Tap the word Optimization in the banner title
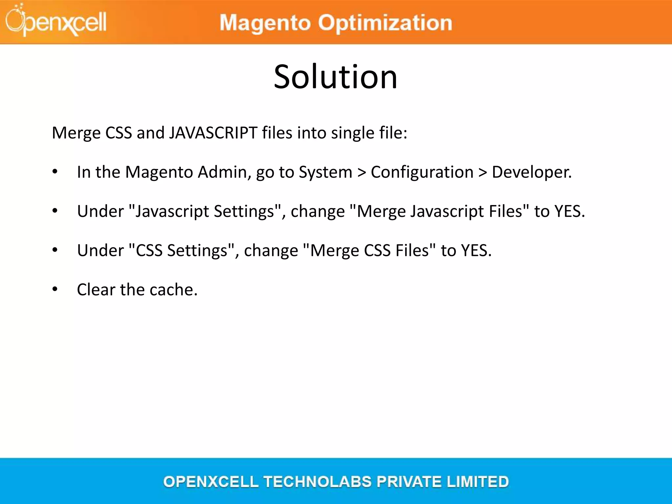coord(385,23)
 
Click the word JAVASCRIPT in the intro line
coord(213,133)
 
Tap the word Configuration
coord(422,172)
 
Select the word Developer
coord(532,172)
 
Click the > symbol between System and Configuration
coord(362,173)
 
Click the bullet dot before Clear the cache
coord(55,289)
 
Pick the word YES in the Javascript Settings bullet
coord(569,211)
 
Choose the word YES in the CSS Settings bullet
coord(476,250)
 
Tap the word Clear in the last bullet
coord(96,289)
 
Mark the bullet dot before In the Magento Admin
coord(55,171)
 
